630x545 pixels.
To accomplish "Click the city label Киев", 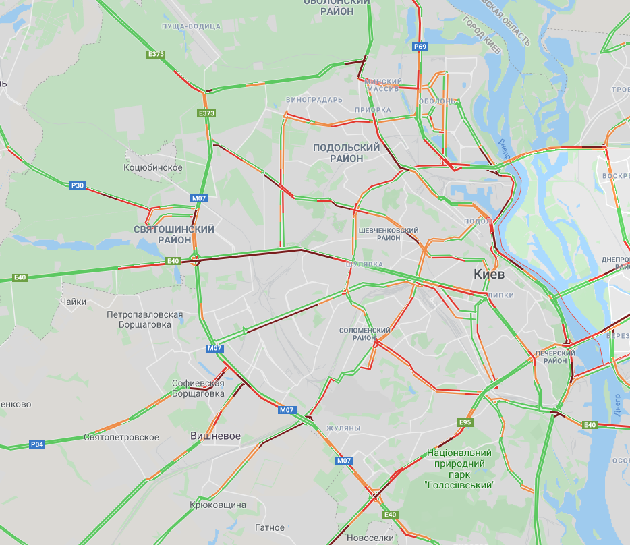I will [x=489, y=275].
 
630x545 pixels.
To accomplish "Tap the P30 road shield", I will [x=78, y=185].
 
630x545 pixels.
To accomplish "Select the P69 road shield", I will [x=420, y=47].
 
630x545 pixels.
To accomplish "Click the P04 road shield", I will [x=37, y=444].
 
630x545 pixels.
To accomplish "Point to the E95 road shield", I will [x=465, y=422].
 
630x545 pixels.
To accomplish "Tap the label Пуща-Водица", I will [x=192, y=26].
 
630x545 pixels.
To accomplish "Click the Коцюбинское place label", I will [x=153, y=167].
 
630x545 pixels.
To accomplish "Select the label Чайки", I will [x=73, y=302].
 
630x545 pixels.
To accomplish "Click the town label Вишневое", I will [x=215, y=436].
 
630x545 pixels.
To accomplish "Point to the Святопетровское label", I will [x=121, y=437].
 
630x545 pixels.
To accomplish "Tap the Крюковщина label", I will [x=218, y=505].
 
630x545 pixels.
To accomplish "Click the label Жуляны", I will [x=343, y=428].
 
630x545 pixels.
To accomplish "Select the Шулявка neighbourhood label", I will [x=364, y=264].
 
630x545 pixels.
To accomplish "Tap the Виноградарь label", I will [x=314, y=100].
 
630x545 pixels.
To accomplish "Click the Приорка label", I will [x=372, y=109].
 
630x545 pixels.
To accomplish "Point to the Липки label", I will [x=500, y=295].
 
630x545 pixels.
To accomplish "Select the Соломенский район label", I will [x=365, y=333].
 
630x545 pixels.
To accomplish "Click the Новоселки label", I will [x=370, y=538].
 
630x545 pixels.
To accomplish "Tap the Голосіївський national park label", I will [x=459, y=469].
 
